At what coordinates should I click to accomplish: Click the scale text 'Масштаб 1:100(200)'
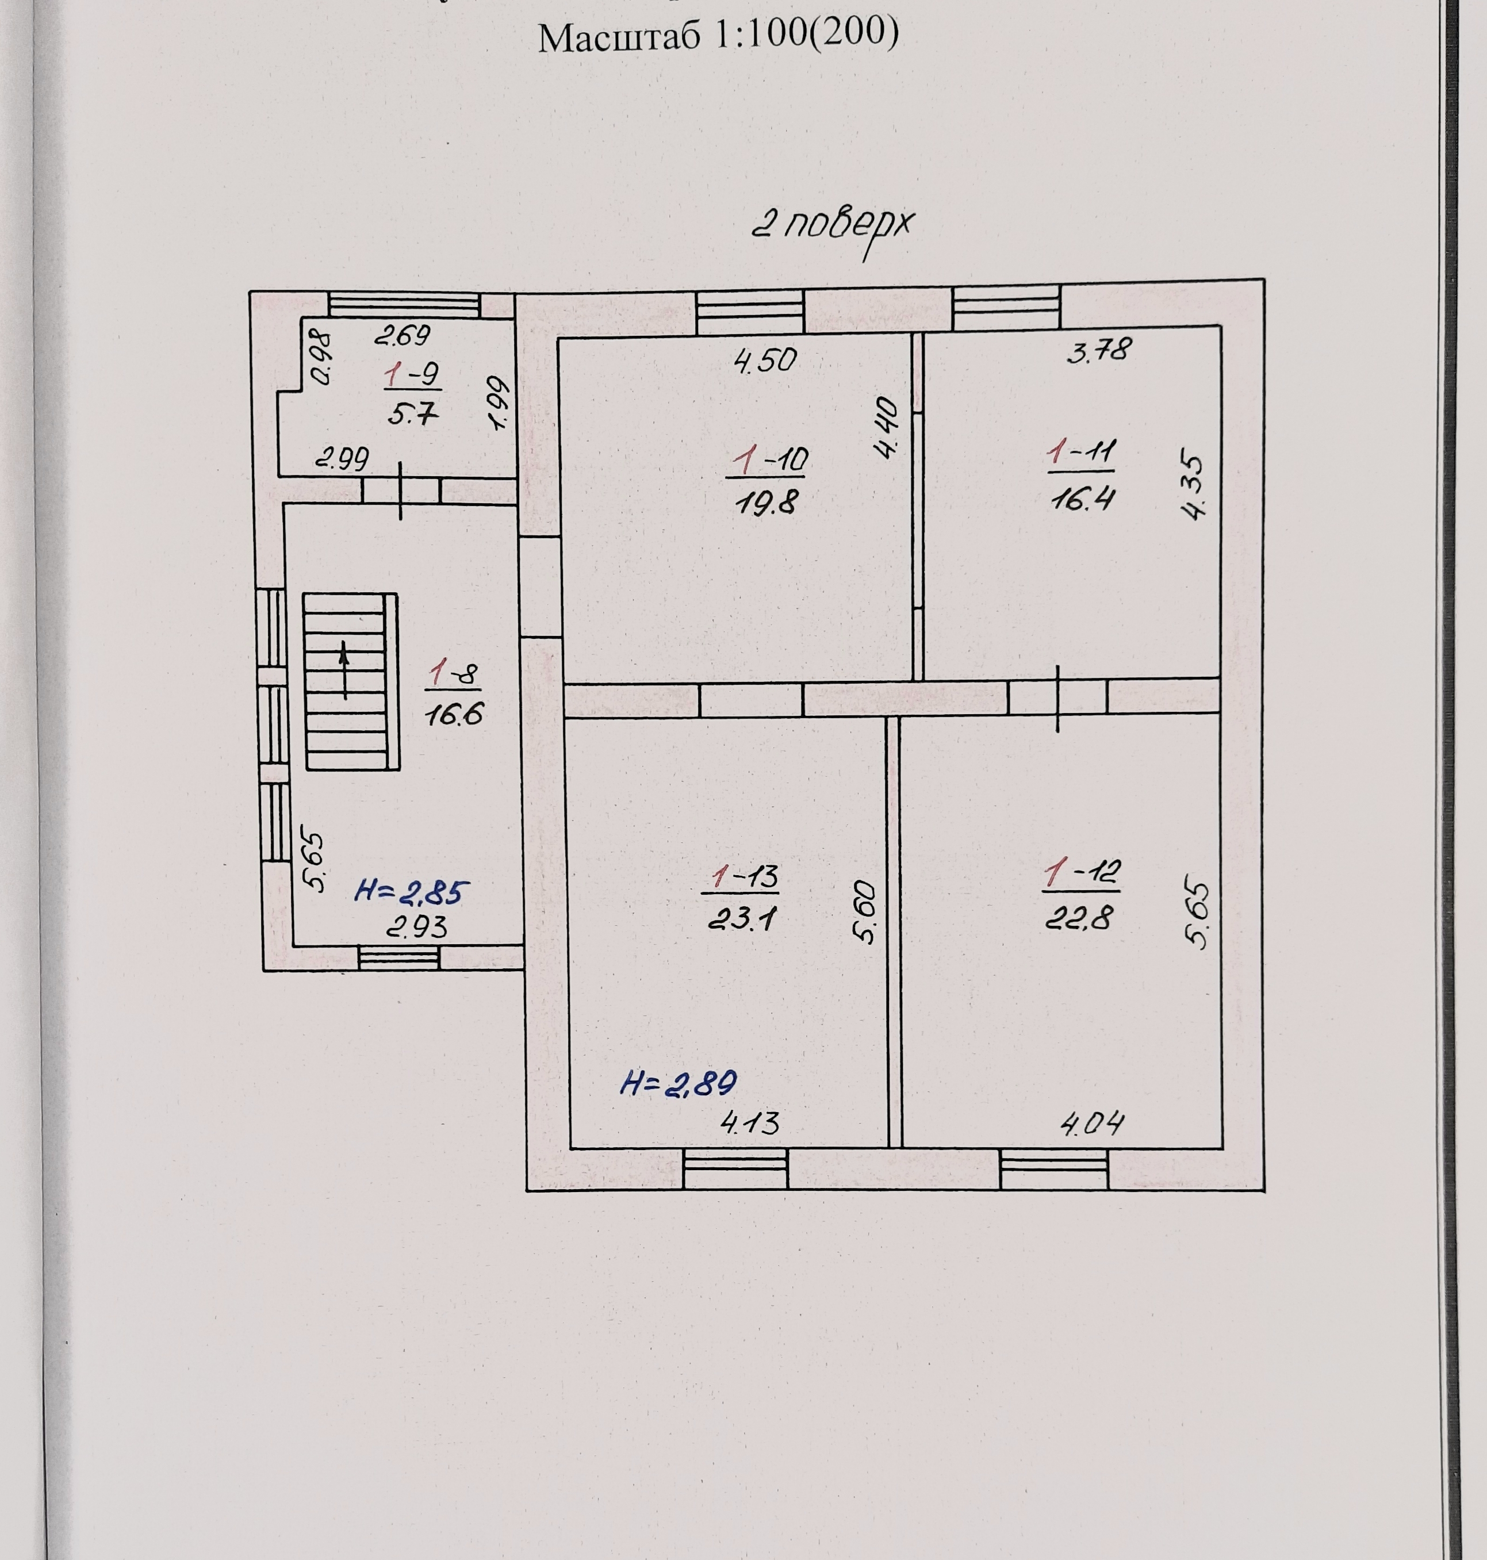click(718, 36)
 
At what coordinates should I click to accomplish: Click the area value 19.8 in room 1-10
click(766, 503)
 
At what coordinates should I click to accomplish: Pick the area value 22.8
click(1079, 918)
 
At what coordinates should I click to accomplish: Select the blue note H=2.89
click(679, 1083)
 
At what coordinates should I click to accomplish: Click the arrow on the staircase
click(345, 670)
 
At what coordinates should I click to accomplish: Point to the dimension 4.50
click(765, 361)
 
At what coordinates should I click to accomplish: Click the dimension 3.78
click(1099, 350)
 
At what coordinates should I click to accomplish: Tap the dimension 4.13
click(750, 1122)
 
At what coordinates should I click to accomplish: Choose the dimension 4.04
click(1093, 1122)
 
